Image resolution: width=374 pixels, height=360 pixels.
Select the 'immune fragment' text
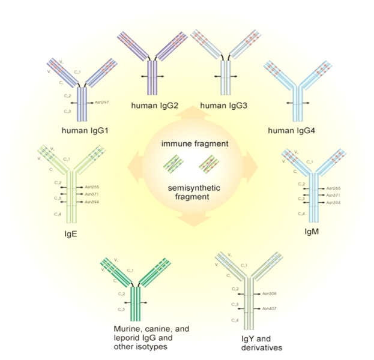coord(193,145)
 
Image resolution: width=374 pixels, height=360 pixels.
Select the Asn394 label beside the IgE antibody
coord(92,202)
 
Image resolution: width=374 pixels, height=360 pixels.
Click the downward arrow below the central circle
coord(193,220)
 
